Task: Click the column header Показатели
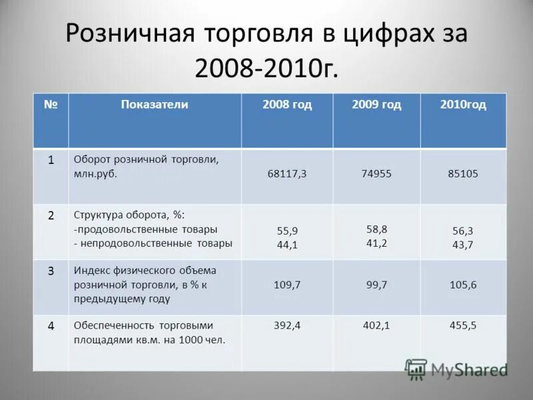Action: (x=155, y=105)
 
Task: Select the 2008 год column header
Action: (x=287, y=105)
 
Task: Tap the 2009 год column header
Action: (x=376, y=105)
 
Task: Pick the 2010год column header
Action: (x=463, y=105)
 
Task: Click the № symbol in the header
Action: (x=51, y=105)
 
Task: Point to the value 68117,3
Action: (x=287, y=173)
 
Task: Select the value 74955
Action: (x=376, y=173)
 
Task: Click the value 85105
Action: (x=463, y=173)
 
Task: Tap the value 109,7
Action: (x=287, y=285)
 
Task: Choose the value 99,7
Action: (x=376, y=285)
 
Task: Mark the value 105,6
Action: (x=463, y=285)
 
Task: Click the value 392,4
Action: (x=287, y=326)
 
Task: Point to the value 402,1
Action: (x=376, y=326)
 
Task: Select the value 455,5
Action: (x=463, y=326)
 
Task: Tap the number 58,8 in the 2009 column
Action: (x=376, y=229)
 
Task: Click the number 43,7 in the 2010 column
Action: (x=463, y=245)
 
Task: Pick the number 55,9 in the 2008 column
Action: (x=287, y=231)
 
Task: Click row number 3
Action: (x=51, y=271)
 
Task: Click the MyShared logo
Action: (x=456, y=369)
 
